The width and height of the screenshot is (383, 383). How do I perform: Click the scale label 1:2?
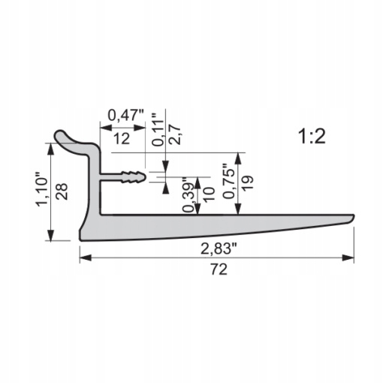coord(312,137)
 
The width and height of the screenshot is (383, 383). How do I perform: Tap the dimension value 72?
coord(219,270)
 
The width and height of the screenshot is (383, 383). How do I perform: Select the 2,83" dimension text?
coord(219,249)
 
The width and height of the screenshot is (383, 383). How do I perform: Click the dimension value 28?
coord(62,191)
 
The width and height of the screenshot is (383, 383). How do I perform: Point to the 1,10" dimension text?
coord(42,189)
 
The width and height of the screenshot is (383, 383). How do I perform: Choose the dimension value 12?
coord(122,139)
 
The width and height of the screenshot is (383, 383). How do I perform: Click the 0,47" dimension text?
coord(126,116)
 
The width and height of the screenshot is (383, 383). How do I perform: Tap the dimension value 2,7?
coord(175,134)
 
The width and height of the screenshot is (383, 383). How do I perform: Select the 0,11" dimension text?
coord(158,129)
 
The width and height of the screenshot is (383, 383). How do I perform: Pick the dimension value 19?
coord(248,183)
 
